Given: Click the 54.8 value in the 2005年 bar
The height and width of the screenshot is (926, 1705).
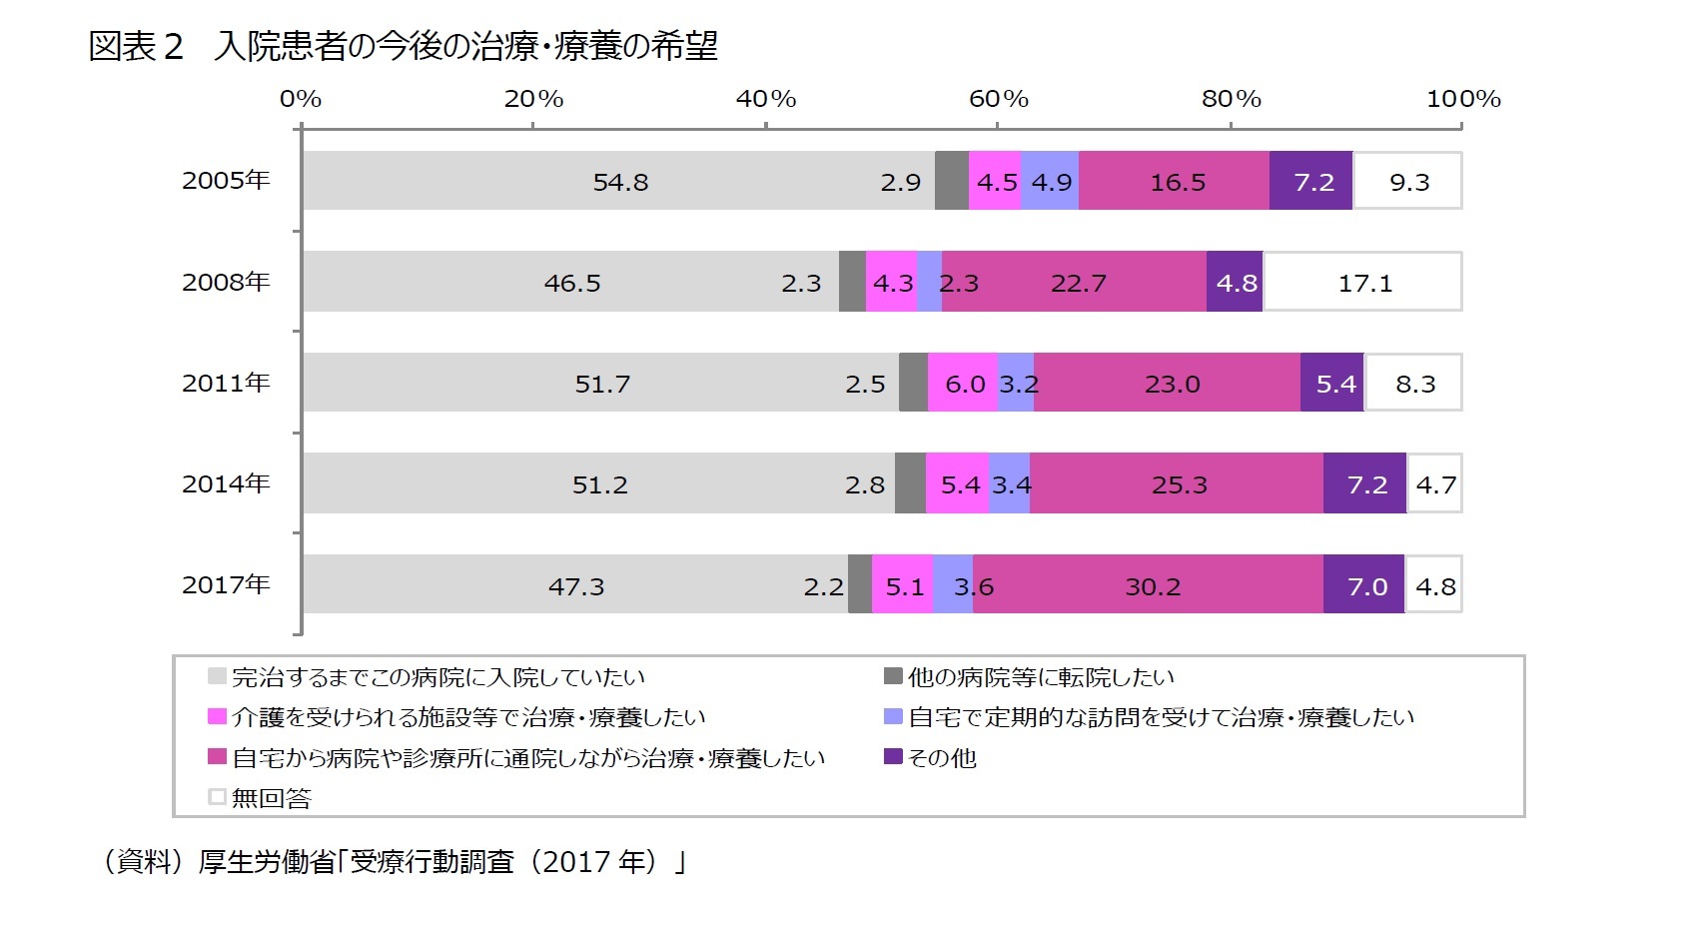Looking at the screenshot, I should [620, 182].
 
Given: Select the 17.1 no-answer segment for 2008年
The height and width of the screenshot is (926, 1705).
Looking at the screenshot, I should [1363, 283].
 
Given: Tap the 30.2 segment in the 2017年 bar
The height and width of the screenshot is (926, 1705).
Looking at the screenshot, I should [1152, 585].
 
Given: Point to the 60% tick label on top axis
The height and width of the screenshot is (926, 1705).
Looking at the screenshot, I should [998, 99].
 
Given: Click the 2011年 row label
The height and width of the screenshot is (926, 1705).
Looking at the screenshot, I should [226, 383].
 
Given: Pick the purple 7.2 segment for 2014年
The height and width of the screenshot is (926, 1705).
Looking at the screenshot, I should [1365, 484].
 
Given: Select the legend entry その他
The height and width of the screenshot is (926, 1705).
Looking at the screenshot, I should [941, 758].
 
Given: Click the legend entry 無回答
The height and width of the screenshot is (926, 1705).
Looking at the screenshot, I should [271, 798].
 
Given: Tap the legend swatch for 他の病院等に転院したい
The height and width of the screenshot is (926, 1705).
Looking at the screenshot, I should [893, 676].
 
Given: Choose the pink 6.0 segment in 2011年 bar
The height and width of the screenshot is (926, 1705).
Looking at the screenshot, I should [963, 384].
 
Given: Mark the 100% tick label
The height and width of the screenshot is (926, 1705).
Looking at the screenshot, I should [1462, 99].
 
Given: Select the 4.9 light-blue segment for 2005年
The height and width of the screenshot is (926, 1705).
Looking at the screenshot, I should [1050, 182].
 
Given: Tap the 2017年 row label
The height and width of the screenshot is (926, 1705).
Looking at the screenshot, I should [226, 584].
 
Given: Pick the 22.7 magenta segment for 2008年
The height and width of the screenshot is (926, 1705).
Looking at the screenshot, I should [1077, 283].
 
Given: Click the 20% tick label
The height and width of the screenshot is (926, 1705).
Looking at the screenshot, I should [533, 99].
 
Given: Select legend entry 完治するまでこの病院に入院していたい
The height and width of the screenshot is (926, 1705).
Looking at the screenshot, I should [437, 677].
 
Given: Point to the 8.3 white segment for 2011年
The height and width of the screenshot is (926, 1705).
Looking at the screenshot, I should [1413, 384].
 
